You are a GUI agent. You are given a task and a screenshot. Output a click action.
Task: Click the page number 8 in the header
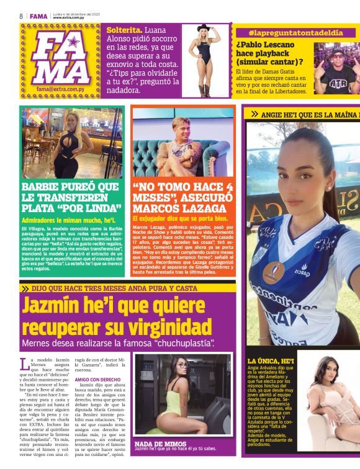pos(21,16)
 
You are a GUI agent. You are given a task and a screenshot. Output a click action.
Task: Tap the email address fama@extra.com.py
pos(65,89)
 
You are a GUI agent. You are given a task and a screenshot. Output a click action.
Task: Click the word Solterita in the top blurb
pos(124,30)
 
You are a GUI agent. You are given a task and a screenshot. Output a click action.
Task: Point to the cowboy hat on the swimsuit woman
pos(204,28)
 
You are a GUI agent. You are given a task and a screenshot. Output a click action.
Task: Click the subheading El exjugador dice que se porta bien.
pos(181,219)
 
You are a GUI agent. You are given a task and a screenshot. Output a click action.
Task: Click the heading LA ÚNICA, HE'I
pos(270,360)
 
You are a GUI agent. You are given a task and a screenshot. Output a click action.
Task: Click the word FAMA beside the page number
pos(38,16)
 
